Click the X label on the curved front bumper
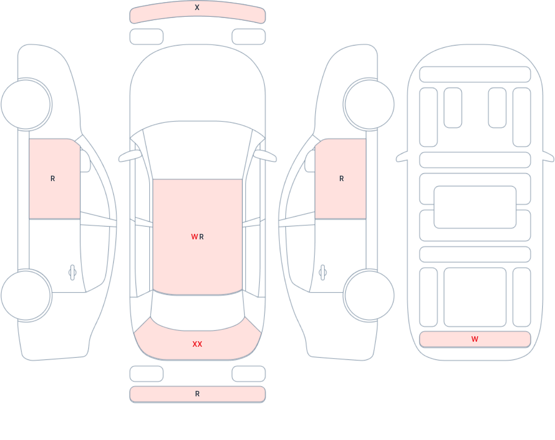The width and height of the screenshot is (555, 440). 197,7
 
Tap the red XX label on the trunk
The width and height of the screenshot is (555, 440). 197,344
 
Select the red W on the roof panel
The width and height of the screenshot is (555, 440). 194,237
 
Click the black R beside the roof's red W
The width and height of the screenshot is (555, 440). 202,237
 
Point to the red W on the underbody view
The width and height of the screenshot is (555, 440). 475,339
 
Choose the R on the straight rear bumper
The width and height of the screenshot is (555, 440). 197,394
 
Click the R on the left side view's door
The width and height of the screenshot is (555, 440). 53,178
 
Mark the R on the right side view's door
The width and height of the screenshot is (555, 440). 342,178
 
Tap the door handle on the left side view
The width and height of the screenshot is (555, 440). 72,273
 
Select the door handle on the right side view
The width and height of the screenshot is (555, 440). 323,273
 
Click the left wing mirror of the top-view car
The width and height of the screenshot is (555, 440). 130,156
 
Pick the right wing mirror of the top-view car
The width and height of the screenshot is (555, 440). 265,156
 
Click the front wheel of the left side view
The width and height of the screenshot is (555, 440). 26,105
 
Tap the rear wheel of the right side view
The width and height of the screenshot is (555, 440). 369,295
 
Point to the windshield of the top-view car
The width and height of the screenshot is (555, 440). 197,150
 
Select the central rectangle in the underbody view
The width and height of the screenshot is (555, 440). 475,207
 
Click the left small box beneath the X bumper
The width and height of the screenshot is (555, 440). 146,36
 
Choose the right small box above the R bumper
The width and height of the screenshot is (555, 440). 249,374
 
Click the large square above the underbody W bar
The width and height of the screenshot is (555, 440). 475,297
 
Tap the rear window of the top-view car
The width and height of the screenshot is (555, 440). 197,311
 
